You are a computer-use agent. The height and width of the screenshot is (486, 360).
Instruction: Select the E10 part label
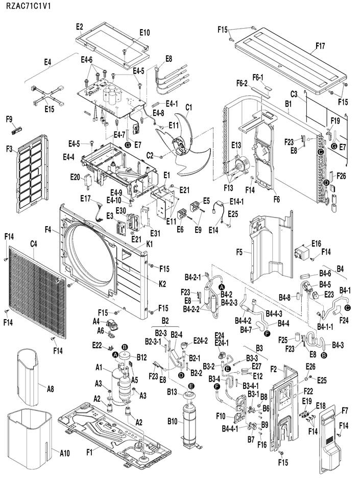[145, 32]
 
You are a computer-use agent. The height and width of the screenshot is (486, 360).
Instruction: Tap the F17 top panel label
[320, 46]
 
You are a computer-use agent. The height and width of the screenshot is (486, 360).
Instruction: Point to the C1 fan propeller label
[189, 107]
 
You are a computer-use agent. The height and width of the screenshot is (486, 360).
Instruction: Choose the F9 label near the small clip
[9, 119]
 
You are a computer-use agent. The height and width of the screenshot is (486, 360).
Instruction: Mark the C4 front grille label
[34, 244]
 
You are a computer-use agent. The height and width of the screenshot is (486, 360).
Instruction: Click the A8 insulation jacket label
[51, 388]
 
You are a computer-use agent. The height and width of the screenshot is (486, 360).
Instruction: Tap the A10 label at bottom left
[64, 453]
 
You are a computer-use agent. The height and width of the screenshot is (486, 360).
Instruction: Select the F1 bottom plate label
[89, 453]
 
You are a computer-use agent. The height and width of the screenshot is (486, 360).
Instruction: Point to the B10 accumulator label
[173, 421]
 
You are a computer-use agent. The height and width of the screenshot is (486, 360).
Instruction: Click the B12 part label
[141, 357]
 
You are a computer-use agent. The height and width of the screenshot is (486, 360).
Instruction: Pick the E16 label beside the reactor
[316, 244]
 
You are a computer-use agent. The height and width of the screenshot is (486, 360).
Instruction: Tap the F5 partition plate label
[239, 252]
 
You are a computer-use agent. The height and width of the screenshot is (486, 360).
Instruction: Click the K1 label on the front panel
[150, 244]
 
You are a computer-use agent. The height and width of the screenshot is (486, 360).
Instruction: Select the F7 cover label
[345, 410]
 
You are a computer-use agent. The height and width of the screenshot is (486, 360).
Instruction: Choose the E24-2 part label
[201, 341]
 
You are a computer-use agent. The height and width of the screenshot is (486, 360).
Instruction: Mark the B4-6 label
[325, 273]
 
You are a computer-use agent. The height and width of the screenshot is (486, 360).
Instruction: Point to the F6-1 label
[258, 77]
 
